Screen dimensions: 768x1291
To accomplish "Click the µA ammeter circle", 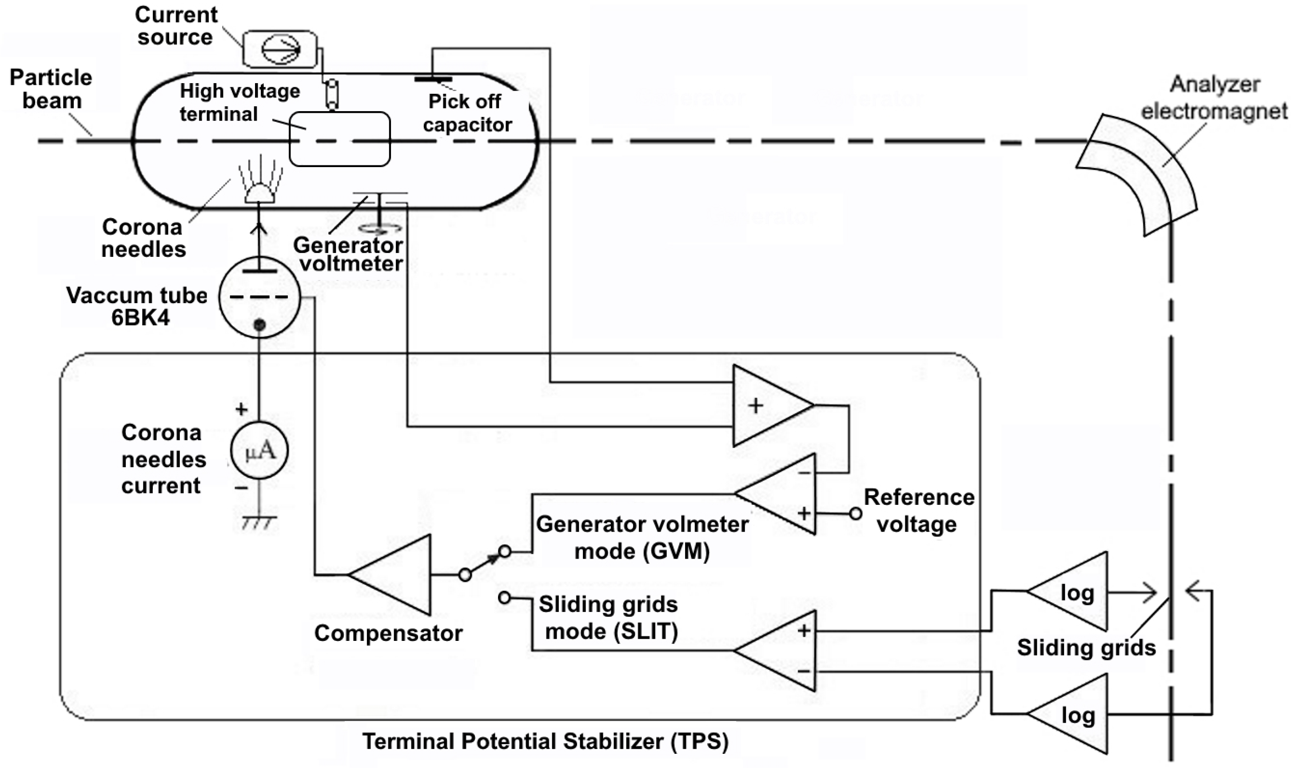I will tap(259, 451).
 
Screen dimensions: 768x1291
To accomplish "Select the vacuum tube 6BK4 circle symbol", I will tap(259, 297).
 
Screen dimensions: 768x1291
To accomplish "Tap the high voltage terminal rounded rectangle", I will tap(339, 139).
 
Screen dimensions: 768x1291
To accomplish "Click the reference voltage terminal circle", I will tap(856, 513).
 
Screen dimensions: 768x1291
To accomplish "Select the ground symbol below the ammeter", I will tap(259, 523).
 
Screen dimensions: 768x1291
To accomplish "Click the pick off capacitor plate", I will tap(434, 79).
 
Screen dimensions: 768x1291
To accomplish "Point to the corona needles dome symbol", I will tap(259, 195).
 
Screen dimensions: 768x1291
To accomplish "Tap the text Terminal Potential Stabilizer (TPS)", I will tap(545, 741).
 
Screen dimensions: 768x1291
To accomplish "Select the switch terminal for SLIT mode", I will tap(504, 598).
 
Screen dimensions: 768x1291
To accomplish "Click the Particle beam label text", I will tap(51, 89).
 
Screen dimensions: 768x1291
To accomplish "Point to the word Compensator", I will tap(388, 633).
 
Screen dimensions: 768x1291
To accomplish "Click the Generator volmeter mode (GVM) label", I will tap(642, 538).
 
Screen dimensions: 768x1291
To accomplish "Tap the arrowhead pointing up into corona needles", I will tap(259, 228).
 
